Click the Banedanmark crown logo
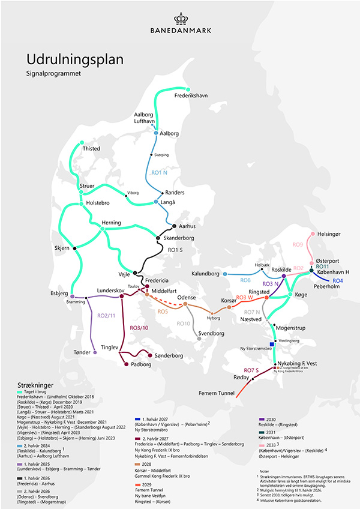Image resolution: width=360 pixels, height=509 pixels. click(179, 19)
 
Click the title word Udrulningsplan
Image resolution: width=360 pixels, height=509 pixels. click(74, 60)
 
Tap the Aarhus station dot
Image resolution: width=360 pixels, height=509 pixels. click(173, 226)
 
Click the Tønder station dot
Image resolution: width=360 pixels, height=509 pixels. click(95, 353)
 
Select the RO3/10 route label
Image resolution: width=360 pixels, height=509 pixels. click(139, 327)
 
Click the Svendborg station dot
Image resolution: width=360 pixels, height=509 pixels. click(199, 339)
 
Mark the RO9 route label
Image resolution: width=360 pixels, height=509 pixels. click(298, 245)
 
